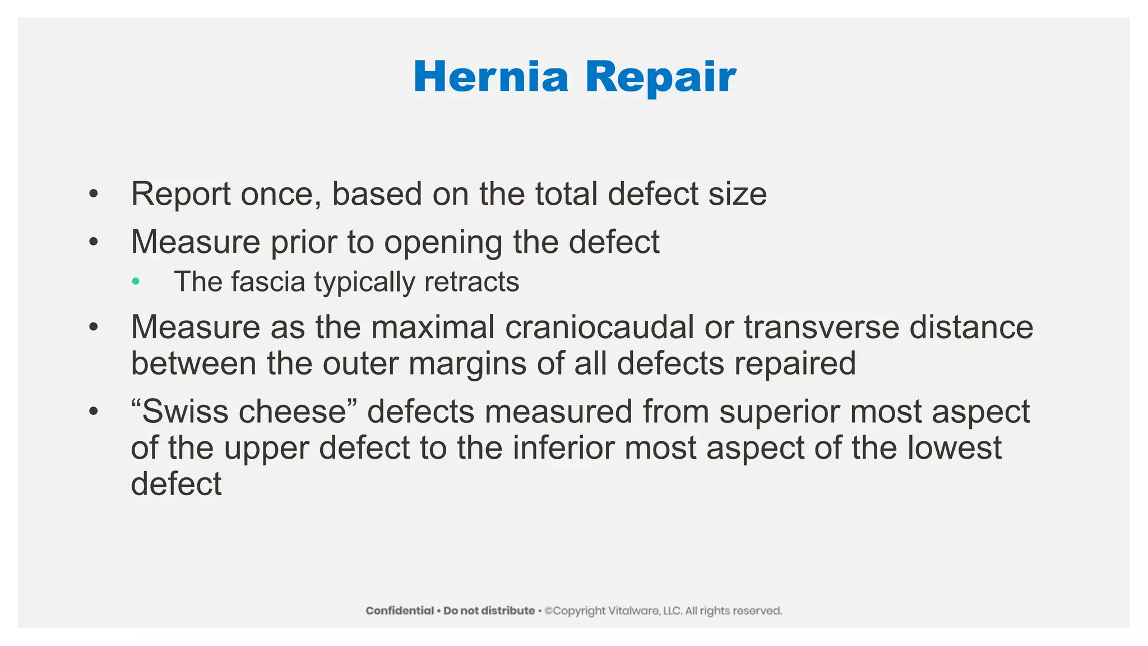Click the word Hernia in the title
[491, 77]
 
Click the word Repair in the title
[660, 78]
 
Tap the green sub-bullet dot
[136, 281]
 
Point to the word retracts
[472, 282]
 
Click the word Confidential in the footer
[400, 611]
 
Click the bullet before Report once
[94, 194]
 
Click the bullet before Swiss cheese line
[94, 412]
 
